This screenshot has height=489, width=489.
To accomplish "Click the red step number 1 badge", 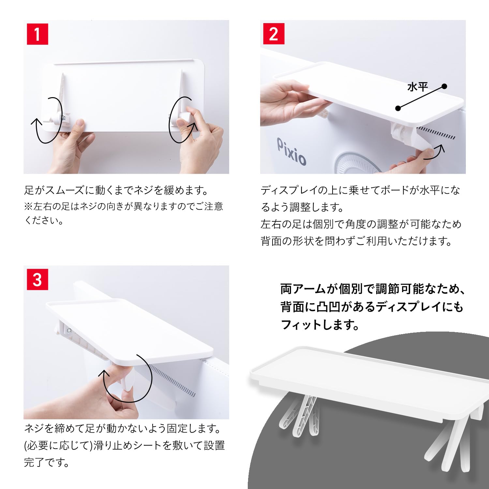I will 37,34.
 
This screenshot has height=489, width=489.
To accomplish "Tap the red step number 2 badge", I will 274,34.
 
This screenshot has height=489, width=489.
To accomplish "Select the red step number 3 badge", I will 37,280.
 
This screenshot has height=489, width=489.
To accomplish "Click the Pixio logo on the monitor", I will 291,151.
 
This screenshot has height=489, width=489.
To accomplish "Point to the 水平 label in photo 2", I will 417,87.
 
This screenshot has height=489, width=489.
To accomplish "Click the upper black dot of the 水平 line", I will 444,86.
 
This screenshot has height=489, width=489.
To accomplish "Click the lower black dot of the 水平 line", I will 398,108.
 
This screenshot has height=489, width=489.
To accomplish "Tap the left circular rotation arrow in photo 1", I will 47,121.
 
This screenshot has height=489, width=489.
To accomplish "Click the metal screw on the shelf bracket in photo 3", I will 69,331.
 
